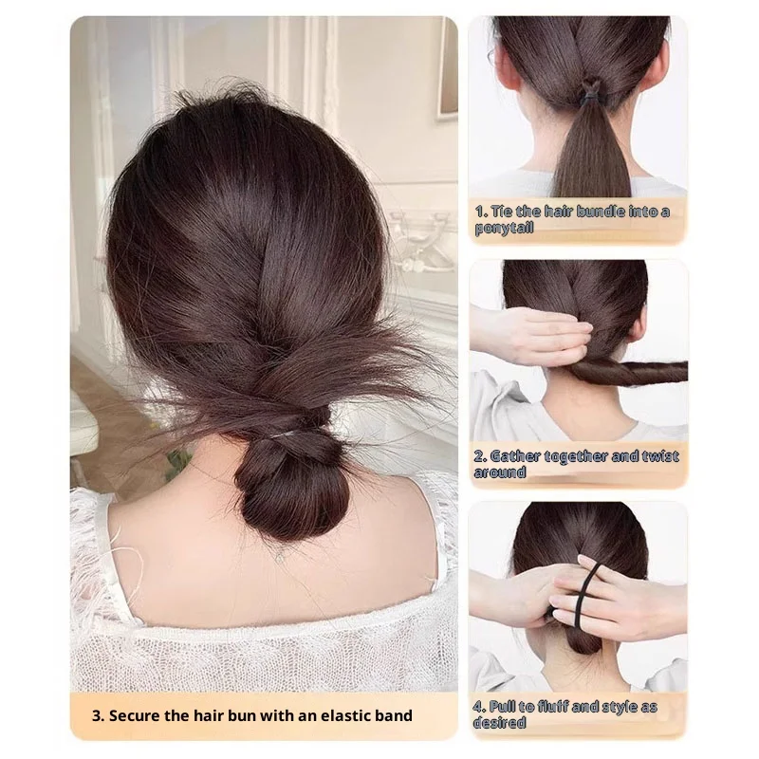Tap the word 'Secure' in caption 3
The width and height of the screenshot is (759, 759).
tap(137, 714)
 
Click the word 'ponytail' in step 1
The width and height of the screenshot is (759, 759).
tap(505, 228)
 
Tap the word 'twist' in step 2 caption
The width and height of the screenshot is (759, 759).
tap(661, 456)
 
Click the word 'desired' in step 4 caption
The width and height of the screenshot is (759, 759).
tap(500, 723)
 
